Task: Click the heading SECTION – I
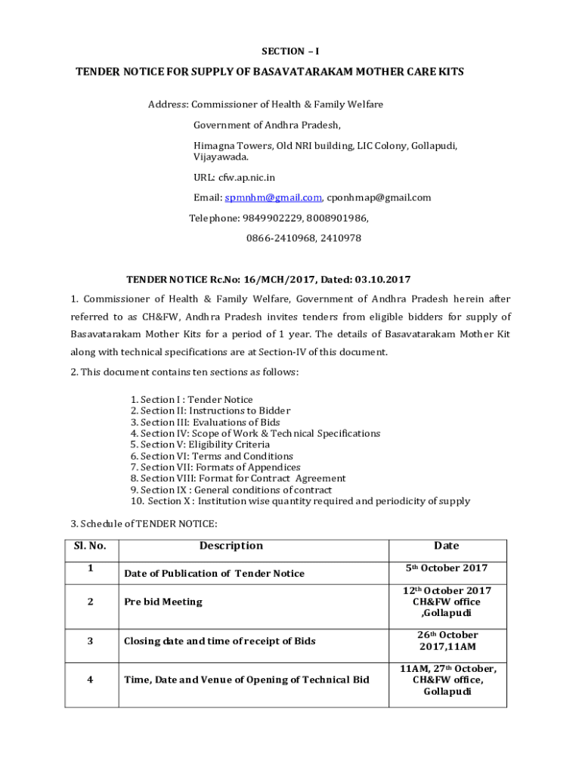click(290, 51)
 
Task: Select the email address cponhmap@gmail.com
click(379, 198)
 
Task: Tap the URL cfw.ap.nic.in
click(246, 178)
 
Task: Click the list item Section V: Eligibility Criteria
click(200, 445)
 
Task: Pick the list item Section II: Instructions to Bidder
click(209, 411)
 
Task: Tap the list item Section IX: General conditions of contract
click(231, 490)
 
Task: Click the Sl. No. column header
click(90, 546)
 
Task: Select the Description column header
click(231, 546)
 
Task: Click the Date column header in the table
click(446, 546)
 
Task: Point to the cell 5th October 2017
click(447, 568)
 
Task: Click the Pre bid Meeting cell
click(163, 602)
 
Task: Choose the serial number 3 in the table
click(90, 641)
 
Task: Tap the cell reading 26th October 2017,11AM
click(447, 641)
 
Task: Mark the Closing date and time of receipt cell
click(219, 641)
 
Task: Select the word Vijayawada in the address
click(220, 157)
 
